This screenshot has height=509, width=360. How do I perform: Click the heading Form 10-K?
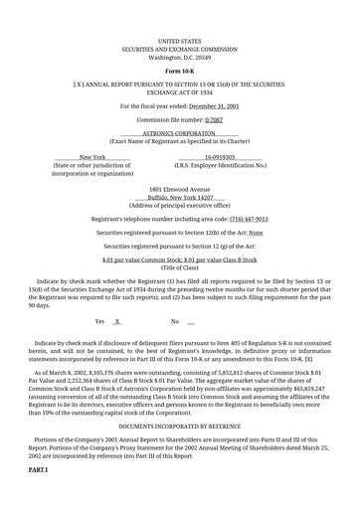[180, 73]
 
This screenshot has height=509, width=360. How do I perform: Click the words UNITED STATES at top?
[180, 42]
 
